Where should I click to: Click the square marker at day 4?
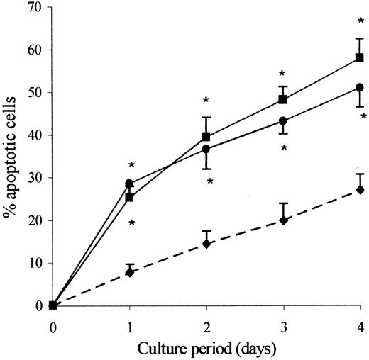[x=360, y=57]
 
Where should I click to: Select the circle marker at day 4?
[x=360, y=87]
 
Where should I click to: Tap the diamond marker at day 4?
[x=360, y=190]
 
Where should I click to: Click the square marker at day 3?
[x=283, y=99]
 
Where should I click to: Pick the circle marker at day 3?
[x=283, y=121]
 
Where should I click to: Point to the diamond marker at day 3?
[x=283, y=220]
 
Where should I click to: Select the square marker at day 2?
[x=206, y=137]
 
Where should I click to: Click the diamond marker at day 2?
[x=206, y=244]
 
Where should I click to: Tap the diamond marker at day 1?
[x=130, y=272]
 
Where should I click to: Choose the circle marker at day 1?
[x=129, y=184]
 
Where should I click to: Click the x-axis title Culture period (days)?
[x=206, y=348]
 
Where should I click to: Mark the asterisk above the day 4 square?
[x=360, y=23]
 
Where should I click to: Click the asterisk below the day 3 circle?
[x=283, y=149]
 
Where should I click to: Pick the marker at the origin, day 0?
[x=53, y=305]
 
